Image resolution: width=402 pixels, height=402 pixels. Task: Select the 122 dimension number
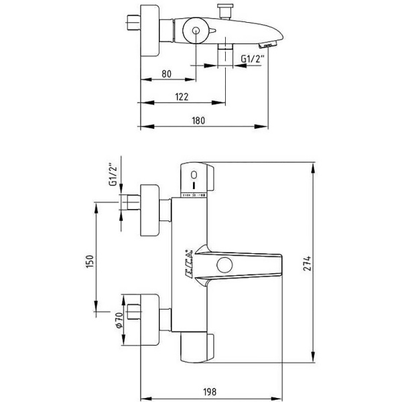click(x=181, y=97)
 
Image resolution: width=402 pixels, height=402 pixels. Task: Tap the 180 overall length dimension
click(x=198, y=121)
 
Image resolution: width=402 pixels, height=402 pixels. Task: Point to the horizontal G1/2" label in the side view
click(x=253, y=60)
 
